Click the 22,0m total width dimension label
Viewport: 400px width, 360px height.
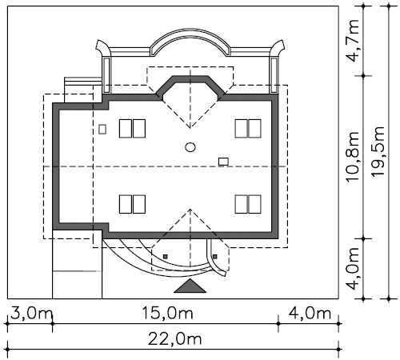point(174,339)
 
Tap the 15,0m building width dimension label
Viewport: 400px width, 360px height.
point(167,314)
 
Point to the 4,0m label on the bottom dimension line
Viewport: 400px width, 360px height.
point(310,314)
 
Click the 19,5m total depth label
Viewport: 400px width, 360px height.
point(378,151)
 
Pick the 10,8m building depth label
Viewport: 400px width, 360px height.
point(353,157)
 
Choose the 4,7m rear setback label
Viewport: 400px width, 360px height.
point(354,41)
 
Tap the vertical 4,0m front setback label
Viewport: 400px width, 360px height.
point(354,269)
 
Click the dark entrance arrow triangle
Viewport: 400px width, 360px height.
point(190,287)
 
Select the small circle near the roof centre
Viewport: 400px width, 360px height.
point(190,147)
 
